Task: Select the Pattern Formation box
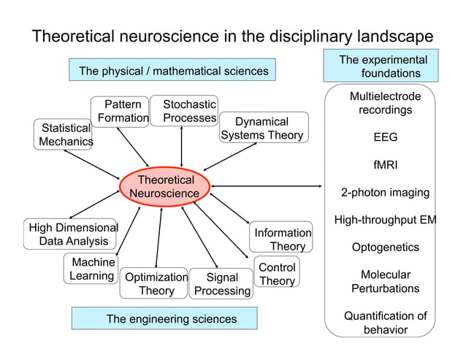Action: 121,111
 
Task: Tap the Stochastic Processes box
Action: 187,111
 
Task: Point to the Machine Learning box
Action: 91,269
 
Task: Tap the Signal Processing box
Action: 221,284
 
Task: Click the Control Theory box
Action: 278,275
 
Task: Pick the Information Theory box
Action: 282,240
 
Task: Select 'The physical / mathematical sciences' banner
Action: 173,71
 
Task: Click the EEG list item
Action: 385,137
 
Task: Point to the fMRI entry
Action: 385,165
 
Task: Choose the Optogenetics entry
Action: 385,248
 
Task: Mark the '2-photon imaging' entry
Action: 385,193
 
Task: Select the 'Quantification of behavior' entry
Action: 385,323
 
